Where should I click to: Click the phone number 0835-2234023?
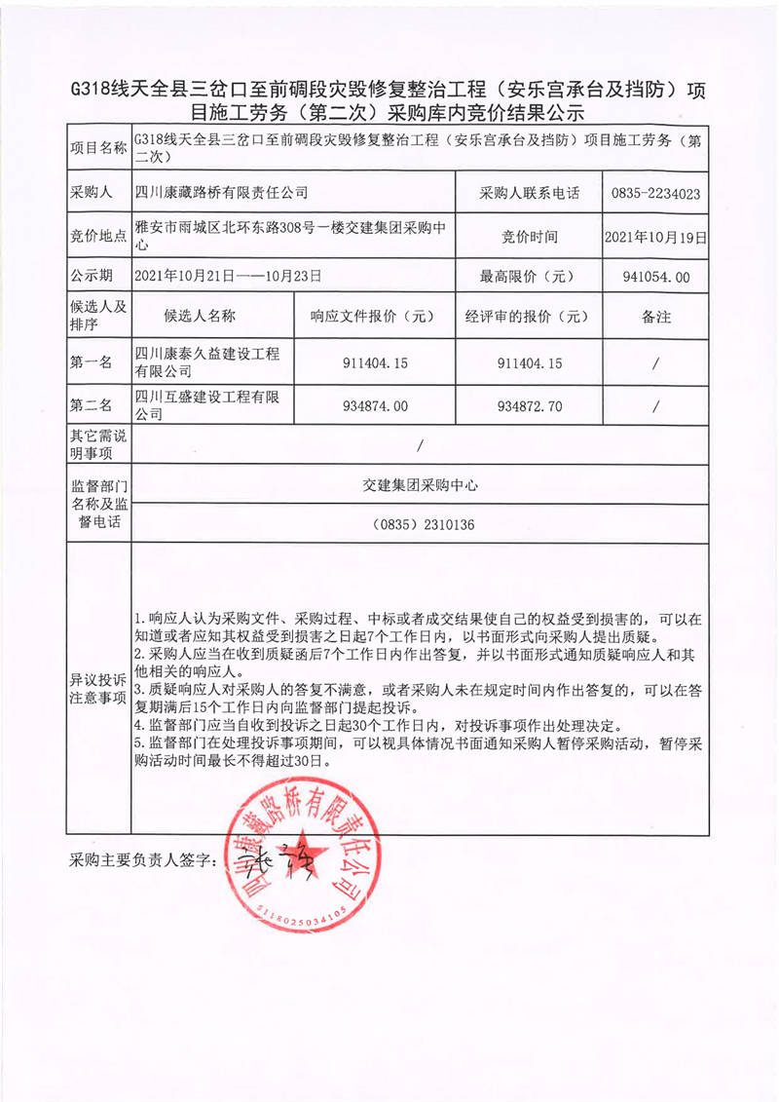point(656,193)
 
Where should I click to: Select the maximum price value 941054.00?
point(655,277)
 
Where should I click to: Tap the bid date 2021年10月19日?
point(655,236)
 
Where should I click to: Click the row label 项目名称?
point(97,148)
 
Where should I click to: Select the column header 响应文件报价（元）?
point(375,317)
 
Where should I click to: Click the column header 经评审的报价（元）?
point(529,317)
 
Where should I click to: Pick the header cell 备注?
point(656,317)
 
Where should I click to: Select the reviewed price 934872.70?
point(529,405)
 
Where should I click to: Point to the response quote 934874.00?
point(375,405)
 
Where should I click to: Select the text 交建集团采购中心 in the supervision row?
point(420,483)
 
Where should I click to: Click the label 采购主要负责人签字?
point(141,862)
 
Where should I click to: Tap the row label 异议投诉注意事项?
point(97,689)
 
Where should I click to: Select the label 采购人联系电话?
point(529,193)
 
